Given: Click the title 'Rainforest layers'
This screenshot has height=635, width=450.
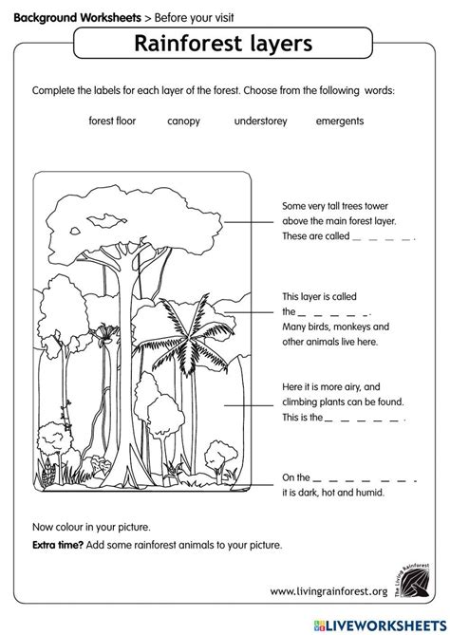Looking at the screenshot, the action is (x=226, y=46).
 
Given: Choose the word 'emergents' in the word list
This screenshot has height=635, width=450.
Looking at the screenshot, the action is (x=339, y=121).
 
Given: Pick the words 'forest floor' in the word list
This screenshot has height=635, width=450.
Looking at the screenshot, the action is (x=111, y=121).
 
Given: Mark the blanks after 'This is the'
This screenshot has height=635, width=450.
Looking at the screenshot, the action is (x=365, y=419).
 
